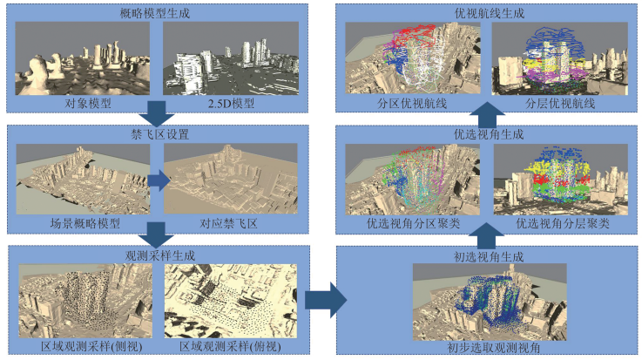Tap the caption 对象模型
[x=84, y=102]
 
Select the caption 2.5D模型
[x=231, y=102]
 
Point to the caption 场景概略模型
[x=84, y=223]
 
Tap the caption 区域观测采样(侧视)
[x=84, y=346]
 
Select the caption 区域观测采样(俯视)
[x=233, y=346]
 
